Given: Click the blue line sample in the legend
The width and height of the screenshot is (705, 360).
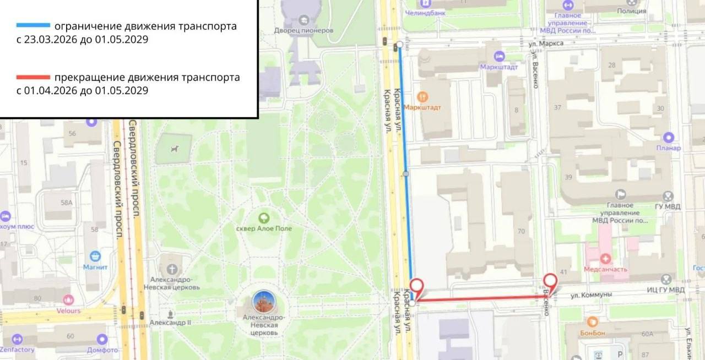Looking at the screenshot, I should tap(33, 26).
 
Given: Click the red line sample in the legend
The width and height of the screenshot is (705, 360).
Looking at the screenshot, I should tap(33, 77).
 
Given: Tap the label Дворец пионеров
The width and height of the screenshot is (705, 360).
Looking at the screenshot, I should tap(303, 30).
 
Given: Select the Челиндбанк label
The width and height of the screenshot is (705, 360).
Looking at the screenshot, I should tap(440, 12).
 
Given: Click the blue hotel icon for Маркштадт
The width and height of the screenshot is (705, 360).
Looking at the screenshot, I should tap(499, 56).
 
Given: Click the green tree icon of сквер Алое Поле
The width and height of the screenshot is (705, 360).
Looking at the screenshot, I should tap(264, 217).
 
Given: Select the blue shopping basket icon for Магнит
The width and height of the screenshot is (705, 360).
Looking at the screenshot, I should tap(95, 256).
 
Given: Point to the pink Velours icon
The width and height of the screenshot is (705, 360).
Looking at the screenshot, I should tap(68, 300).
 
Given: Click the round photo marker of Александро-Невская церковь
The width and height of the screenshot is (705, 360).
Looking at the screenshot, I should tap(264, 302).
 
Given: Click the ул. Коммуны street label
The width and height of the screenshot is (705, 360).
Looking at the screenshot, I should tap(591, 295).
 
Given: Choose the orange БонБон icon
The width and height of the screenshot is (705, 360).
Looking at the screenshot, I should tap(593, 321).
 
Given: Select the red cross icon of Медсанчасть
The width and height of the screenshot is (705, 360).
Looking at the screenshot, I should tap(605, 258).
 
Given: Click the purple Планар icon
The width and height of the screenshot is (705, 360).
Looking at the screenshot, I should tap(669, 137).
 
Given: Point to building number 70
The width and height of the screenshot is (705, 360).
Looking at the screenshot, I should tap(521, 231).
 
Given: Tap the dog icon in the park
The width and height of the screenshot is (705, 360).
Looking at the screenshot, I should tap(175, 148).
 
